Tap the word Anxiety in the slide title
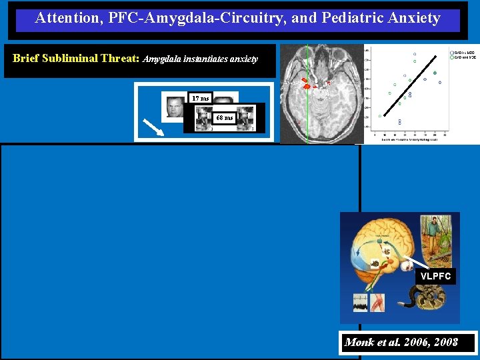coord(414,18)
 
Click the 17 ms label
coord(200,98)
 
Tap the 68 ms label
coord(224,118)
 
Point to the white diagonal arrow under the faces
coord(155,127)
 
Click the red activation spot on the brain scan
coord(306,85)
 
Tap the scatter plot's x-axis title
coord(409,139)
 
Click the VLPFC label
coord(435,276)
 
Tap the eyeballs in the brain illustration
coord(406,265)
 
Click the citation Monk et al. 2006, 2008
coord(401,343)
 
